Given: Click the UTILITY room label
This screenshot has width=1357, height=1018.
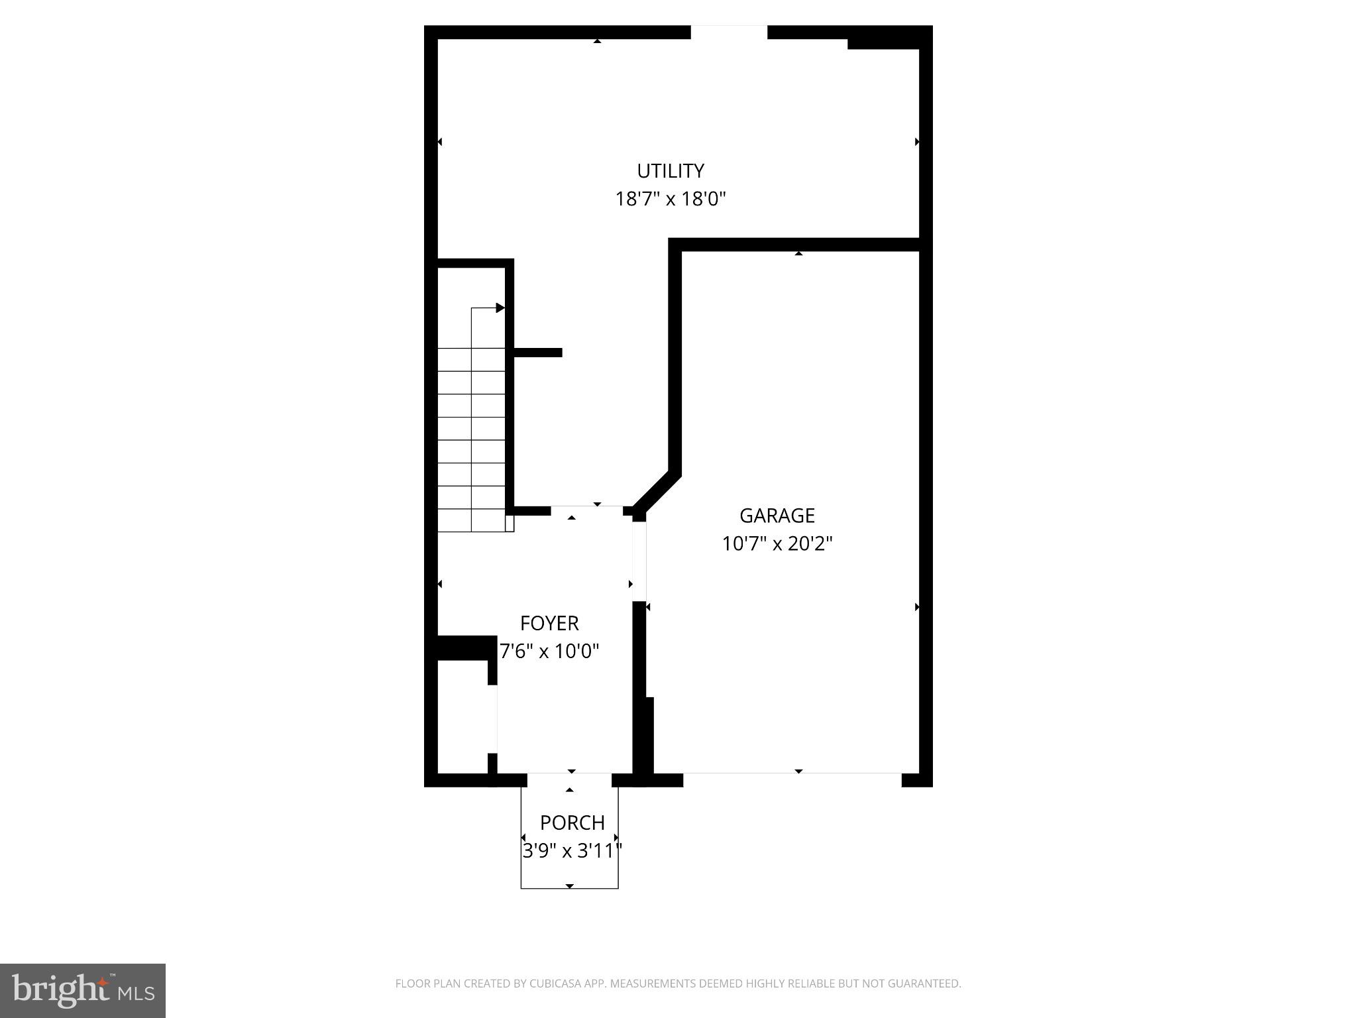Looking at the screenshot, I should (x=670, y=171).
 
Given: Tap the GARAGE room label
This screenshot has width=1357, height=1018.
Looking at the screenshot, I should (x=777, y=516).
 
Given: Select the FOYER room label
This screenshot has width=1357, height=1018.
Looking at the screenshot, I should (x=549, y=624).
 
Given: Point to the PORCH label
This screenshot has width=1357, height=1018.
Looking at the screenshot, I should (x=572, y=823).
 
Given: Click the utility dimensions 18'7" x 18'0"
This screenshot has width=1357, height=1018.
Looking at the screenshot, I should (x=671, y=199).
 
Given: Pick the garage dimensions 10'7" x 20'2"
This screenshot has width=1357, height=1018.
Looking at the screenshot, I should (x=777, y=544).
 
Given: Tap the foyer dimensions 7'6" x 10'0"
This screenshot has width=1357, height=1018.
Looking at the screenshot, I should (x=549, y=651).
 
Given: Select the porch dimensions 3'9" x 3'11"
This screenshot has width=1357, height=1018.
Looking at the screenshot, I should (x=572, y=851).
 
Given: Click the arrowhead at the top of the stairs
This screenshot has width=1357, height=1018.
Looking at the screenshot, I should (x=500, y=308).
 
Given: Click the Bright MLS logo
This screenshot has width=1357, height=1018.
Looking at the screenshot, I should (x=83, y=991).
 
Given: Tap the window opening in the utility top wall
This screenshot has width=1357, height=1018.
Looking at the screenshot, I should (x=729, y=32).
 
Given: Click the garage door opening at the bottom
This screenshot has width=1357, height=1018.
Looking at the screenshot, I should (x=792, y=779).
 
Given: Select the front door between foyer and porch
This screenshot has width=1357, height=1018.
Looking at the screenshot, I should (x=569, y=779).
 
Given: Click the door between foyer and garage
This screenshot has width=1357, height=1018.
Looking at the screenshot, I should (x=639, y=561).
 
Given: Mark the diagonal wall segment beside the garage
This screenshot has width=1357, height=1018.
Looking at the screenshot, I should (x=656, y=491).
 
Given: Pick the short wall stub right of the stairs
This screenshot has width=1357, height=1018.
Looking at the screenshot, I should (x=537, y=353).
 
